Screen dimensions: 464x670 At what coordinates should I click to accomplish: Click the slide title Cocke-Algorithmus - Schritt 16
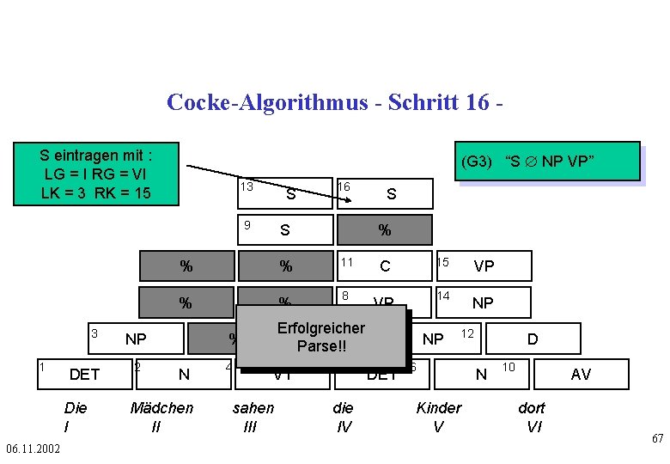click(334, 102)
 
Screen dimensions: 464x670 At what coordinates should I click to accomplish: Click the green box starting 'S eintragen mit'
click(96, 174)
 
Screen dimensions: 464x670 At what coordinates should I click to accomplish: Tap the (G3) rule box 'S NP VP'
click(549, 162)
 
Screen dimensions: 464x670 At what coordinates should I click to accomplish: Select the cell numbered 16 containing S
click(384, 193)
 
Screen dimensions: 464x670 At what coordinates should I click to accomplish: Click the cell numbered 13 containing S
click(284, 193)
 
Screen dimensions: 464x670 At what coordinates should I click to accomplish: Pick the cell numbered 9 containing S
click(284, 229)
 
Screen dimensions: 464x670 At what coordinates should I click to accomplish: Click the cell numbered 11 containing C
click(384, 266)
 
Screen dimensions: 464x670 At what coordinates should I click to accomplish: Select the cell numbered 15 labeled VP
click(483, 266)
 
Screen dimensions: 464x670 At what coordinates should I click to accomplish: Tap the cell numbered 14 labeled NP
click(483, 302)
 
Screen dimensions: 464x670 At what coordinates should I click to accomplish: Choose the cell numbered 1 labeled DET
click(84, 374)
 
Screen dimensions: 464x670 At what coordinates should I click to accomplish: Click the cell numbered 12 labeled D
click(532, 339)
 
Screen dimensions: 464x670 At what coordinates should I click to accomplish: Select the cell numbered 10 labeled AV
click(581, 374)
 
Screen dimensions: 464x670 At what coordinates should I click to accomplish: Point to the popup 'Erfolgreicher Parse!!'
click(320, 337)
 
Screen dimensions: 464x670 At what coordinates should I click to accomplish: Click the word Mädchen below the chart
click(161, 408)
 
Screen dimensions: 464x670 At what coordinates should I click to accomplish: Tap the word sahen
click(253, 408)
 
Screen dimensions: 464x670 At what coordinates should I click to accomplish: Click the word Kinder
click(439, 408)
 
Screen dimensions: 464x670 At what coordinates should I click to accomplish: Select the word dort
click(533, 408)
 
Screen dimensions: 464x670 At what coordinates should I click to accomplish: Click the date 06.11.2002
click(33, 449)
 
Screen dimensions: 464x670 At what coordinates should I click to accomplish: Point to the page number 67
click(657, 439)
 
